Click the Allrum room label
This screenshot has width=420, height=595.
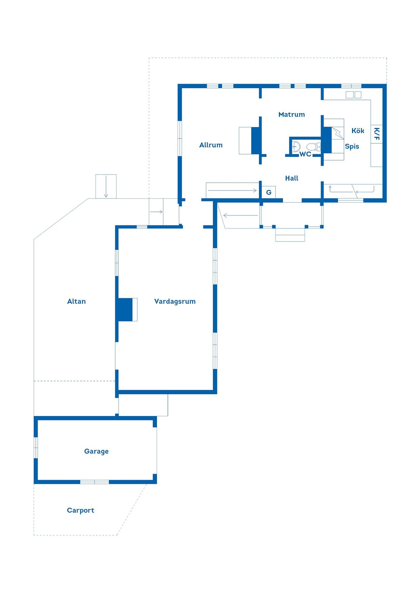click(211, 145)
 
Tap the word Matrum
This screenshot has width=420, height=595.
click(291, 115)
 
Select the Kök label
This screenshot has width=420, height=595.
click(358, 131)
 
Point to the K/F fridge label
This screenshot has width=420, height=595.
click(377, 134)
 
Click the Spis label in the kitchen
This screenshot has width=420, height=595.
click(352, 147)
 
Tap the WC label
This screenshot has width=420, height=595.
click(305, 154)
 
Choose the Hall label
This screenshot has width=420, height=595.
click(292, 178)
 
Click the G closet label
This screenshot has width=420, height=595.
click(269, 192)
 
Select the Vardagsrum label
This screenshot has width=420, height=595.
click(175, 301)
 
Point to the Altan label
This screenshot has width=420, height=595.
click(76, 301)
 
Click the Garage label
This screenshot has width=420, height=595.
click(96, 451)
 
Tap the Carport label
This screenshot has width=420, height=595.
click(80, 510)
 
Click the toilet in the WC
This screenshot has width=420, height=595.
click(314, 147)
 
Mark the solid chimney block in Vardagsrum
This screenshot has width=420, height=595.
click(125, 310)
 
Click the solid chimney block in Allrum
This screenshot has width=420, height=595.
click(255, 140)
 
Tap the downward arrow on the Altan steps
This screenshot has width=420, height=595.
click(106, 186)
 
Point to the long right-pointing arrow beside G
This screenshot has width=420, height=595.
click(232, 190)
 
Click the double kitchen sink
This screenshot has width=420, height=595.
click(353, 95)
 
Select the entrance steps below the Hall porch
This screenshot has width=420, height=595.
click(290, 235)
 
